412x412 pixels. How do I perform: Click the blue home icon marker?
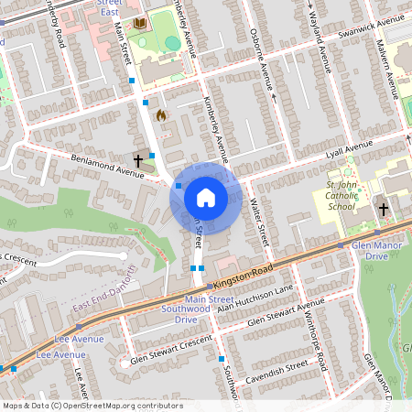coord(206,197)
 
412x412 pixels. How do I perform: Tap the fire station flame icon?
coord(161,115)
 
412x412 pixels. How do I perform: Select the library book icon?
coord(139,23)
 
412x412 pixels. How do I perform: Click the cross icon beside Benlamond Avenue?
coord(138,160)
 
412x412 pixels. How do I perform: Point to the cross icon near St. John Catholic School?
coord(384,210)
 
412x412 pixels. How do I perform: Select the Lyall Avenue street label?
coord(348,146)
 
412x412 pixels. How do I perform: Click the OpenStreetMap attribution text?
coord(92,405)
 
